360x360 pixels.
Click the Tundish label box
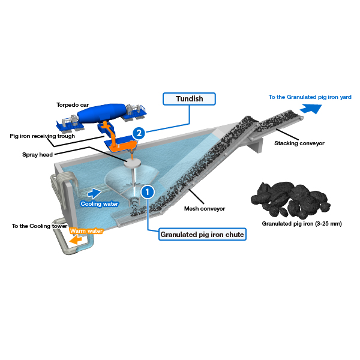tap(189, 99)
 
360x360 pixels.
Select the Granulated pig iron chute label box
tap(202, 235)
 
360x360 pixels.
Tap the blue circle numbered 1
tap(148, 192)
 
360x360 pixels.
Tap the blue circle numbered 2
tap(139, 133)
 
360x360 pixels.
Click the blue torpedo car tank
tap(101, 113)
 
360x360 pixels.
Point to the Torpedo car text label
tap(73, 105)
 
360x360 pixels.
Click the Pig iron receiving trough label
tap(42, 136)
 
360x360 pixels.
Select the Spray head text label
tap(37, 155)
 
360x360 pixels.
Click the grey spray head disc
tap(132, 163)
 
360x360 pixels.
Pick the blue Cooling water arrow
tap(94, 193)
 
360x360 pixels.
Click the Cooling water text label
tap(100, 204)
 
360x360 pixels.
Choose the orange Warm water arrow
tap(76, 240)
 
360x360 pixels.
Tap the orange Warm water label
tap(86, 231)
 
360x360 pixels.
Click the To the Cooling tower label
tap(40, 226)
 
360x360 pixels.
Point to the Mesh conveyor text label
tap(205, 209)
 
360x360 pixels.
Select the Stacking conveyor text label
tap(299, 143)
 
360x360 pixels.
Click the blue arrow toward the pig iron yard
tap(311, 109)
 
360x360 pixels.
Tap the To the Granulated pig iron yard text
tap(310, 97)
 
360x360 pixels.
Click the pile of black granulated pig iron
tap(290, 200)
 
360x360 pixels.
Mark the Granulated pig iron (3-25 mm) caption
tap(302, 224)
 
